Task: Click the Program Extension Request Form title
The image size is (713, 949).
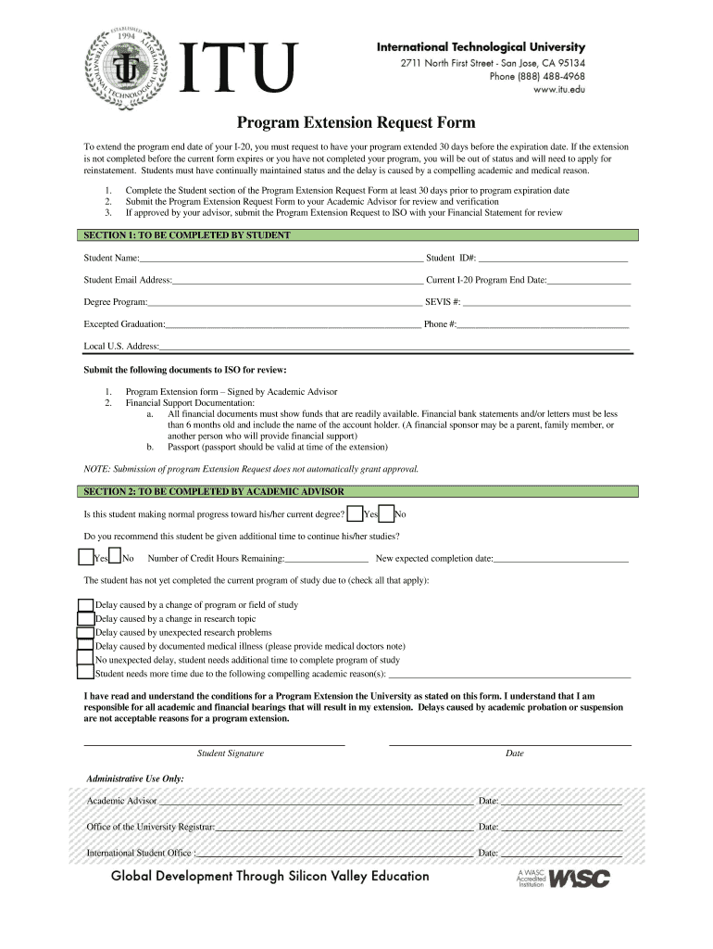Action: [356, 122]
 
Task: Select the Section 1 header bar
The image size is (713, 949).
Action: [356, 235]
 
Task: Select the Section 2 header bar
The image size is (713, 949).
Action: [356, 491]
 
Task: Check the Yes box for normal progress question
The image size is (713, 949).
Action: [355, 514]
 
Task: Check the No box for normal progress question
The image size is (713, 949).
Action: [386, 514]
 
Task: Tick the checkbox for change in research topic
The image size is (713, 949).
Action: [85, 619]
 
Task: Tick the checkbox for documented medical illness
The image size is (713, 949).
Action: [85, 647]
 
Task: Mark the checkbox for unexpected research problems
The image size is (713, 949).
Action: [85, 633]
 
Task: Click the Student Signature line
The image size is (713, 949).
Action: [215, 743]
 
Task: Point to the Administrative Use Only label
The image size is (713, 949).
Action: [135, 778]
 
